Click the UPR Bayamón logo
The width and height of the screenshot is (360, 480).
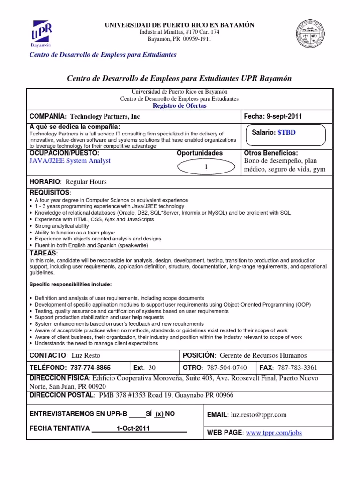[41, 32]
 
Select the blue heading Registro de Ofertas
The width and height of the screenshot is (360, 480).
[180, 106]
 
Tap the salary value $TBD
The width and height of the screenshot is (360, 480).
[286, 133]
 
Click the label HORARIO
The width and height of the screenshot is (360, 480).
[45, 182]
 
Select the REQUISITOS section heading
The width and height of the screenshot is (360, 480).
[49, 193]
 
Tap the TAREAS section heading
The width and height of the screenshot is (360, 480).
[43, 253]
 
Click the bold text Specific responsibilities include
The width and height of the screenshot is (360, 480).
[70, 285]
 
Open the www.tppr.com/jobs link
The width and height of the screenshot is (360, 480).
[274, 433]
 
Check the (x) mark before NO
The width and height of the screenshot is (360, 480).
[159, 414]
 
